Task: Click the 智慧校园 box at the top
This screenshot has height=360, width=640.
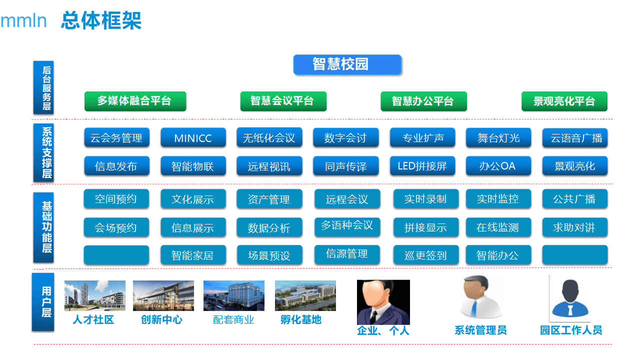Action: [x=347, y=64]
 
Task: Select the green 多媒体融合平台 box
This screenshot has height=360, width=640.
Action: [x=135, y=101]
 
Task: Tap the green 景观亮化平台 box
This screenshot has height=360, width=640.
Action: [x=564, y=101]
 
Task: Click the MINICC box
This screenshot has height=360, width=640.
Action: [x=193, y=138]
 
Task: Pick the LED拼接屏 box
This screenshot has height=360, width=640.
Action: [x=422, y=166]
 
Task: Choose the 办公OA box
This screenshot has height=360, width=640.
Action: [x=498, y=166]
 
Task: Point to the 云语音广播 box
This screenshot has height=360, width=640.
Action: [x=575, y=138]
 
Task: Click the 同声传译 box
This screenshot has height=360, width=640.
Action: [x=345, y=166]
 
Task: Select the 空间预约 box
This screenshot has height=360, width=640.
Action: [x=116, y=199]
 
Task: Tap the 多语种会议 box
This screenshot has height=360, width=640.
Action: [x=347, y=225]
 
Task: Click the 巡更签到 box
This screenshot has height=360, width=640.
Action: [x=425, y=255]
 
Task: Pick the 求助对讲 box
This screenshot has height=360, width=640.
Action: [x=575, y=227]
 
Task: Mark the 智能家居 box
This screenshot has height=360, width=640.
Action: [x=193, y=255]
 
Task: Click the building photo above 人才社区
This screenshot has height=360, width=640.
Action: [x=94, y=295]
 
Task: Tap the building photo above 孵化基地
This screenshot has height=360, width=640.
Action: [x=305, y=295]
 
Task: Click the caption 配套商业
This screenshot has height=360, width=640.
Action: [x=233, y=320]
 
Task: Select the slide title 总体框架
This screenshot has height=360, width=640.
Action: [x=101, y=21]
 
